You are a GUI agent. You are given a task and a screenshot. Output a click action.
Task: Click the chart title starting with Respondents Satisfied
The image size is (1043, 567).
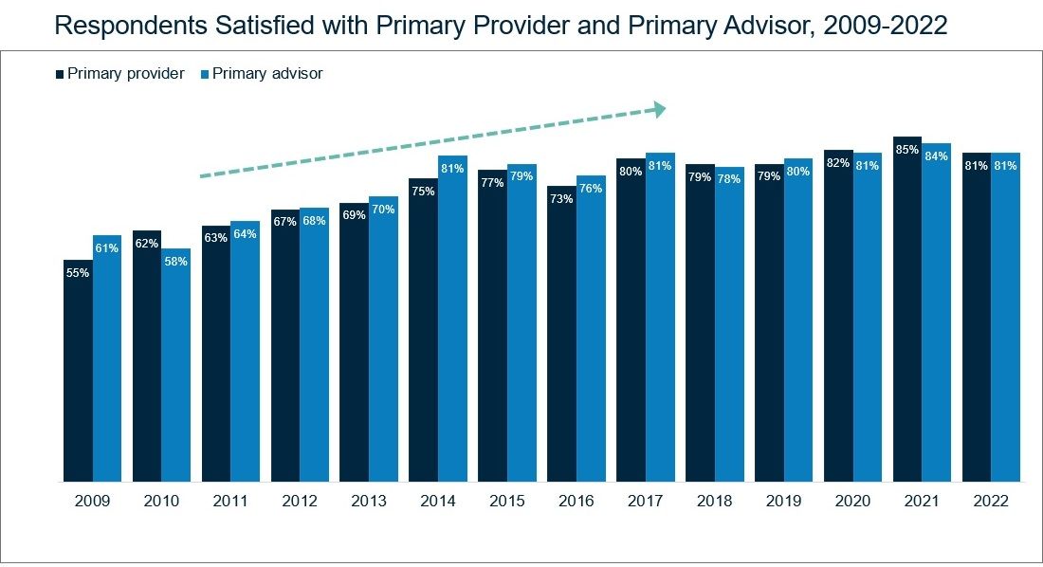pyautogui.click(x=501, y=26)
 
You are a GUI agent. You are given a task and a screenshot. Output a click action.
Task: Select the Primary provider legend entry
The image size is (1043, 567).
pyautogui.click(x=120, y=73)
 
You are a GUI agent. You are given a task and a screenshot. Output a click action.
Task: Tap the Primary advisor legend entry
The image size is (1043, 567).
pyautogui.click(x=262, y=73)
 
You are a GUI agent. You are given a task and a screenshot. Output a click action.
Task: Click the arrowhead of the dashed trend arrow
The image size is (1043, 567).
pyautogui.click(x=660, y=110)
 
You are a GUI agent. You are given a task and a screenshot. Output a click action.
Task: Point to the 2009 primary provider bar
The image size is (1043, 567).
pyautogui.click(x=78, y=370)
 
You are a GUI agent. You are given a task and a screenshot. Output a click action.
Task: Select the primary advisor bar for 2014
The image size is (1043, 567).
pyautogui.click(x=452, y=318)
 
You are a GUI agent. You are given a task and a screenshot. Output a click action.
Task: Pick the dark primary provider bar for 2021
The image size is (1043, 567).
pyautogui.click(x=907, y=309)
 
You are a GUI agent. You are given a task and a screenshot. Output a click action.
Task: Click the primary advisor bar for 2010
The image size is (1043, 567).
pyautogui.click(x=175, y=365)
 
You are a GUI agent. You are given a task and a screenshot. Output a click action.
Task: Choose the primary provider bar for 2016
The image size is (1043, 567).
pyautogui.click(x=561, y=334)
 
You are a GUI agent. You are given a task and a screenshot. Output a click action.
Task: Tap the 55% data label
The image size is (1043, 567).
pyautogui.click(x=78, y=273)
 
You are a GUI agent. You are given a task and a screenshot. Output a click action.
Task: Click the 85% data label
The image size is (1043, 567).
pyautogui.click(x=907, y=150)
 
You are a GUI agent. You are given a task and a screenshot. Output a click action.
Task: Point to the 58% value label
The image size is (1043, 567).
pyautogui.click(x=175, y=262)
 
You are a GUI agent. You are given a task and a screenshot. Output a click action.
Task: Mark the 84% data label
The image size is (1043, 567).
pyautogui.click(x=937, y=156)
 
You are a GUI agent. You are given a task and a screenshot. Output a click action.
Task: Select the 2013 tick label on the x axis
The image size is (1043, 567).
pyautogui.click(x=369, y=501)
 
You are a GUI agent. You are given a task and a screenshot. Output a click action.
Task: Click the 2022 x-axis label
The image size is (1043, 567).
pyautogui.click(x=991, y=501)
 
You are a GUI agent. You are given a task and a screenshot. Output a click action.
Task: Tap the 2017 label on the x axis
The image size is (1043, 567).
pyautogui.click(x=645, y=501)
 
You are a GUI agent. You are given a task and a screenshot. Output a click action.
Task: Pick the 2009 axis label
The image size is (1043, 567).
pyautogui.click(x=93, y=501)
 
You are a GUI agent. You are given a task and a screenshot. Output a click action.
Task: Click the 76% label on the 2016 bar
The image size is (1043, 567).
pyautogui.click(x=591, y=189)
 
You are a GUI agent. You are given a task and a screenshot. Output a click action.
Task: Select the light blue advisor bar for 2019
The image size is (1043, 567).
pyautogui.click(x=798, y=320)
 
